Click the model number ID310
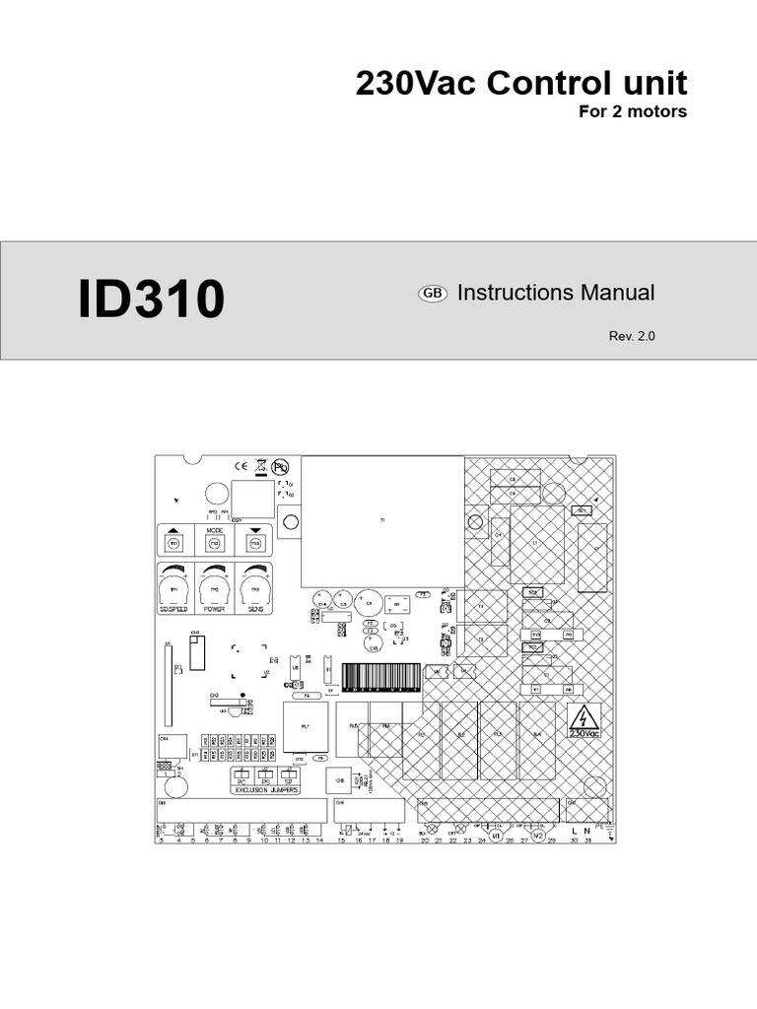point(151,301)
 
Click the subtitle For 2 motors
point(632,111)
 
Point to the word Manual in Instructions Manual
point(617,293)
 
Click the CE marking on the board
point(241,467)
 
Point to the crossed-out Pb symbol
point(280,467)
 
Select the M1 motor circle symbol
point(497,835)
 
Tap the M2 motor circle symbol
point(538,835)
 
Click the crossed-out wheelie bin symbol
point(261,467)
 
